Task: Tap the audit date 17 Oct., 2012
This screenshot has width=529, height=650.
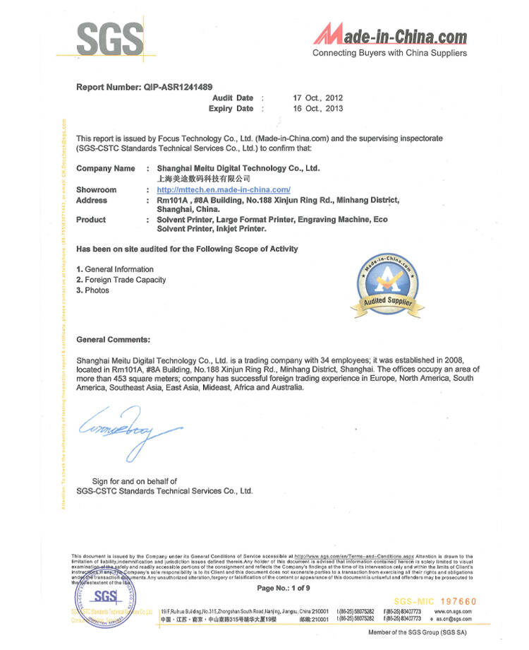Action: click(317, 97)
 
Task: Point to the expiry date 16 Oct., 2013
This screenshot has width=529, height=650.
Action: click(317, 109)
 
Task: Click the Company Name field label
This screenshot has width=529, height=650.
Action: click(105, 168)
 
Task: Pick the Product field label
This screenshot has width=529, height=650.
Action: click(91, 220)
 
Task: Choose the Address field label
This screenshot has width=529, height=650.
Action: click(92, 200)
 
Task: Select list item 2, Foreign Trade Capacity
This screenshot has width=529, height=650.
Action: click(121, 280)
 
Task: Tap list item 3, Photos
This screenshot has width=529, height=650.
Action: click(92, 290)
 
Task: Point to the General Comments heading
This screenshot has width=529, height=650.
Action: click(113, 340)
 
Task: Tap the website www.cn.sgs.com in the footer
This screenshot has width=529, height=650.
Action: click(453, 611)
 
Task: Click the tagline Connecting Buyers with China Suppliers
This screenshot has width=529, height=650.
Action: click(389, 53)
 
